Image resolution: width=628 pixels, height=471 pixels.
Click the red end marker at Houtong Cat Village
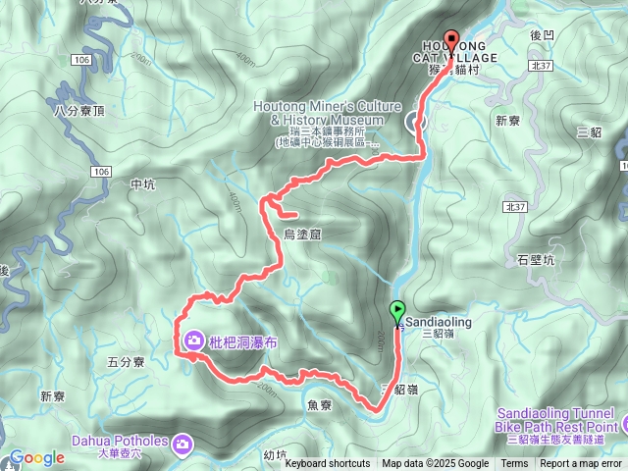(451, 40)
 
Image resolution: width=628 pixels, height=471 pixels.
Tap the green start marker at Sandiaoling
(397, 312)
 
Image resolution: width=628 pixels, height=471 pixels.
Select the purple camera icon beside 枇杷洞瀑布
(193, 340)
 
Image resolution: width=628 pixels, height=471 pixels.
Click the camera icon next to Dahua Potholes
(182, 445)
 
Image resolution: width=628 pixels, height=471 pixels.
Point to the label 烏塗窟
(302, 234)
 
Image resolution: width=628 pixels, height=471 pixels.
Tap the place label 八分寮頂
(79, 112)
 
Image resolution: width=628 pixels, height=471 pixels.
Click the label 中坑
(142, 183)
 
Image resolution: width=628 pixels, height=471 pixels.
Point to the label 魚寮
(320, 404)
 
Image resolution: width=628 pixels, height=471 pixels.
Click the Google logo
(36, 457)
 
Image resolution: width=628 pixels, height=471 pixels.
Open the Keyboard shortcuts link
(328, 464)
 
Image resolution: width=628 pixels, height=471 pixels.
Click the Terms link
(514, 464)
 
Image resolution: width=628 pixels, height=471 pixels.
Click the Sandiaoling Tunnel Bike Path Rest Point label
(556, 419)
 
